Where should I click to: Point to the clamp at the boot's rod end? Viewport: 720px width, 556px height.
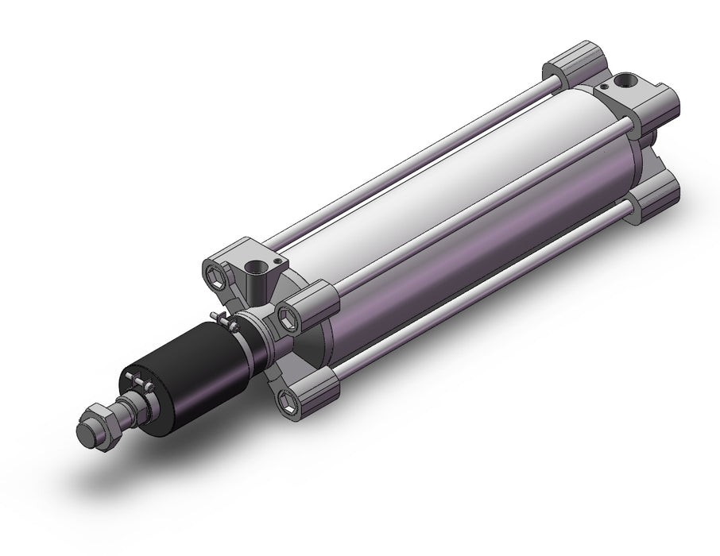[141, 387]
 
